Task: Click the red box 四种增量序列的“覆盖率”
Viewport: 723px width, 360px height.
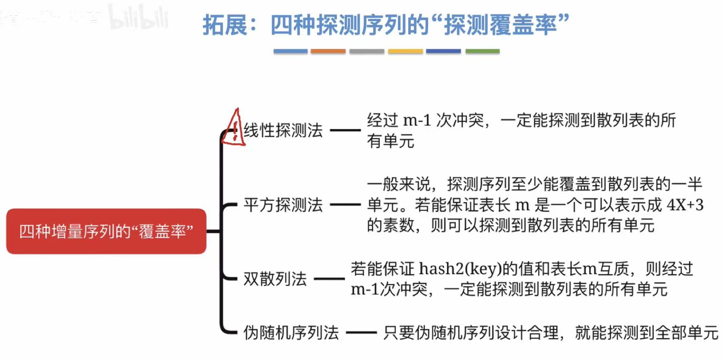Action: coord(106,231)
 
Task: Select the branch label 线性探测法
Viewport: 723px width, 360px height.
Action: coord(283,130)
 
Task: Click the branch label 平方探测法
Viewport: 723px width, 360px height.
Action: coord(283,205)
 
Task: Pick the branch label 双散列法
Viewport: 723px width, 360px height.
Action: coord(275,279)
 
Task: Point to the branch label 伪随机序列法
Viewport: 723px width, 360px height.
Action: coord(291,333)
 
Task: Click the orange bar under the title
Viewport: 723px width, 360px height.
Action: coord(328,51)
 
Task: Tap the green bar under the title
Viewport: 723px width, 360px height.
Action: coord(483,51)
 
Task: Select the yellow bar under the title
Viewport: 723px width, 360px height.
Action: coord(405,51)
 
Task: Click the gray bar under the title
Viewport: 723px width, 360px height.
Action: coord(367,51)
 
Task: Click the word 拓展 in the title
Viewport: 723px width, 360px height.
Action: coord(225,25)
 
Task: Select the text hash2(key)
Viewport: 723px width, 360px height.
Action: coord(460,269)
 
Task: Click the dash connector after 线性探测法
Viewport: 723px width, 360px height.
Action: coord(345,130)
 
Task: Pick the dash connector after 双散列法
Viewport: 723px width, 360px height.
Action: coord(329,279)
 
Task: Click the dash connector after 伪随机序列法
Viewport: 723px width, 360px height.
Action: coord(361,333)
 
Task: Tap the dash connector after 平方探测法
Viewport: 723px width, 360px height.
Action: coord(345,205)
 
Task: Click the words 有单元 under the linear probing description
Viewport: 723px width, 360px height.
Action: coord(391,141)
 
